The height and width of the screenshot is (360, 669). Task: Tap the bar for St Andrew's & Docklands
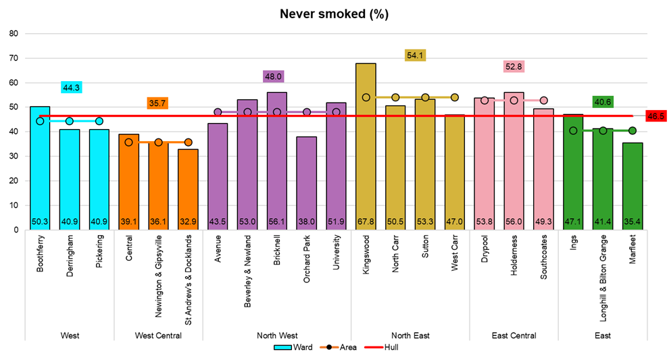188,189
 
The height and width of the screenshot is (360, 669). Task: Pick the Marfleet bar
633,186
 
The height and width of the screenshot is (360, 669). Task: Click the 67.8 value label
366,221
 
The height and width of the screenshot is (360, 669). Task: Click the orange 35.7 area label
158,103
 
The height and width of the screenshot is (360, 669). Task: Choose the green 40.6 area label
603,102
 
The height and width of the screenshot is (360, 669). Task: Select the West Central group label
158,336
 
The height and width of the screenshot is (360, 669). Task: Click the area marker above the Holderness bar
514,100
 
